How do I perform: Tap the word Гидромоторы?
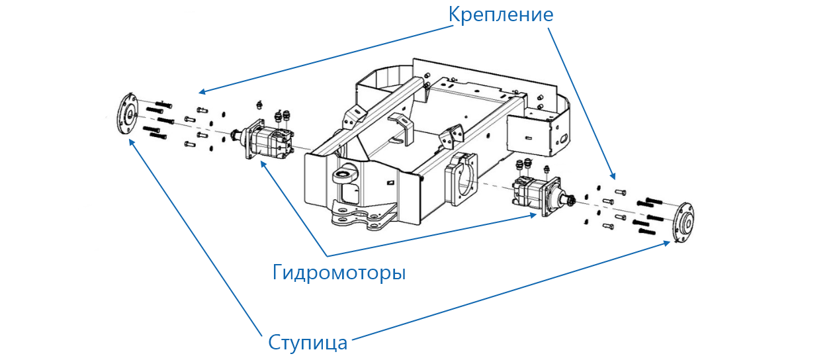pyautogui.click(x=339, y=272)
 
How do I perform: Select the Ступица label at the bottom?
pyautogui.click(x=308, y=343)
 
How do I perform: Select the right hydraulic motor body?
pyautogui.click(x=532, y=196)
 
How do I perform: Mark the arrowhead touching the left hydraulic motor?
pyautogui.click(x=262, y=163)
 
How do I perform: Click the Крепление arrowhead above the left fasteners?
pyautogui.click(x=201, y=93)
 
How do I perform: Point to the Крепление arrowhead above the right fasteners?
pyautogui.click(x=613, y=177)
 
